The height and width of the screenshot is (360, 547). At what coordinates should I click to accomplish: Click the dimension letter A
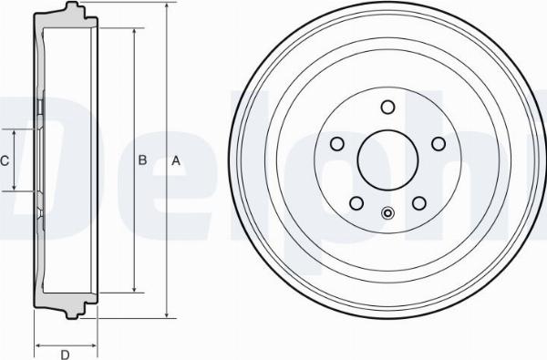click(176, 160)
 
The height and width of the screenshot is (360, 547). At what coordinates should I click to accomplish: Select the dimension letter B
click(142, 160)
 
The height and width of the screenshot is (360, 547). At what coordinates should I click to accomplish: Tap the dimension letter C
click(5, 161)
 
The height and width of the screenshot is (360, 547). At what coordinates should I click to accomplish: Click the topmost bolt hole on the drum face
click(387, 107)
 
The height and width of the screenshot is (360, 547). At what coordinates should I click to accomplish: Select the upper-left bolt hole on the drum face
click(336, 143)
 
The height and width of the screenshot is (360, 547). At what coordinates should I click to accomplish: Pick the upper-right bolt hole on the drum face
click(439, 143)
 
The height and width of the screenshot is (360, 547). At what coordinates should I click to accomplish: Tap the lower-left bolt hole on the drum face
click(356, 202)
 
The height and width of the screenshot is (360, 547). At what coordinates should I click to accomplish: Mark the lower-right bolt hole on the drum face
click(419, 202)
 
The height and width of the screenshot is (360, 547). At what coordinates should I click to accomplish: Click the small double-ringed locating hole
click(387, 214)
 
